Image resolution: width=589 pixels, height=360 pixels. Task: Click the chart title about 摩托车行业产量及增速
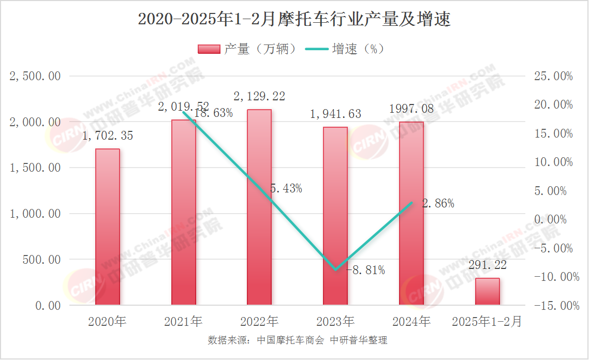pyautogui.click(x=294, y=20)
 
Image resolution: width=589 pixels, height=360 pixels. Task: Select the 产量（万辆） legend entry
pyautogui.click(x=247, y=49)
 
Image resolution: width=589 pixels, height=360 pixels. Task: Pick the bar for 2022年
pyautogui.click(x=259, y=207)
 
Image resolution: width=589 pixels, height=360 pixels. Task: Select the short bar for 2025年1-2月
pyautogui.click(x=488, y=292)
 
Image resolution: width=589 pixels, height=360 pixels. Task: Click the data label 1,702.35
pyautogui.click(x=108, y=137)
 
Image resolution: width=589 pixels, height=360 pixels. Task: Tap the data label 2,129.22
pyautogui.click(x=259, y=97)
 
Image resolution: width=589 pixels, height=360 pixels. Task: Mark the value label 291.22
pyautogui.click(x=488, y=265)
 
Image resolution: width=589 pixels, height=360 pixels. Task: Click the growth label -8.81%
pyautogui.click(x=365, y=270)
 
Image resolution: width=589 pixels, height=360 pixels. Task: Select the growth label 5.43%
pyautogui.click(x=286, y=189)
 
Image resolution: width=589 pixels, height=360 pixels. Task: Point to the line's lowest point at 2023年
pyautogui.click(x=335, y=269)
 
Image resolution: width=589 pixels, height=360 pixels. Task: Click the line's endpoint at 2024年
pyautogui.click(x=411, y=203)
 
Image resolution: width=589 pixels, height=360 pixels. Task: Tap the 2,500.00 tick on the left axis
pyautogui.click(x=36, y=77)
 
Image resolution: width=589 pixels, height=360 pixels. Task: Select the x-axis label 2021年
pyautogui.click(x=183, y=322)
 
